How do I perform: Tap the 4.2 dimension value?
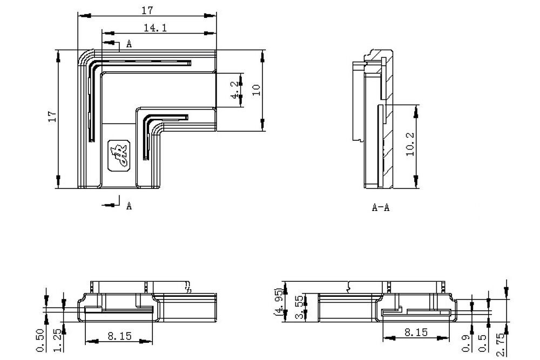click(234, 90)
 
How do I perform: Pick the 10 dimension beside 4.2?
click(256, 89)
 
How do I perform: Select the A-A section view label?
click(380, 208)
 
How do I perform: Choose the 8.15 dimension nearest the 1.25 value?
click(119, 336)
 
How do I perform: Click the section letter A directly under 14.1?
click(129, 44)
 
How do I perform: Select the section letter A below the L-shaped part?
click(129, 206)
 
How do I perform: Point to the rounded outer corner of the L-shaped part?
click(84, 56)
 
